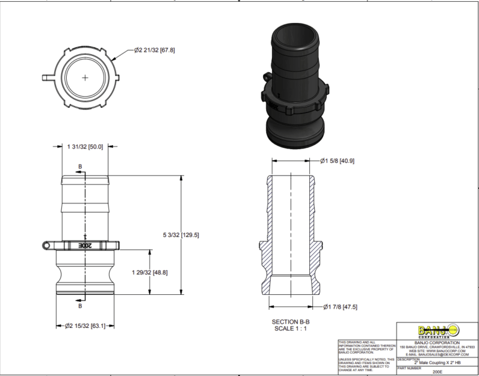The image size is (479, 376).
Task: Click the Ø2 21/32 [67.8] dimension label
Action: pos(154,50)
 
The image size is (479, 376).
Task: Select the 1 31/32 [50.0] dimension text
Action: pos(84,147)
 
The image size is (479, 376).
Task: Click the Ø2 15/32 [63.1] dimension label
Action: pos(87,325)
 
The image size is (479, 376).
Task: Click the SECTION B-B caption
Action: pos(292,321)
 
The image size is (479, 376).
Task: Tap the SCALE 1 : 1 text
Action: pos(292,329)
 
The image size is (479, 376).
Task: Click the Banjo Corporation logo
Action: pos(436,330)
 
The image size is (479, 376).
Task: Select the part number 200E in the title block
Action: pos(436,372)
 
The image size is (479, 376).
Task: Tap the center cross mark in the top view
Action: pos(85,77)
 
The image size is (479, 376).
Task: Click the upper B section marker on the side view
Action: pos(79,167)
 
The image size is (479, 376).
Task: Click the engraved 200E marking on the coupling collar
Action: pos(85,246)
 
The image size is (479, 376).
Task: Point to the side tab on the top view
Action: pos(48,78)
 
